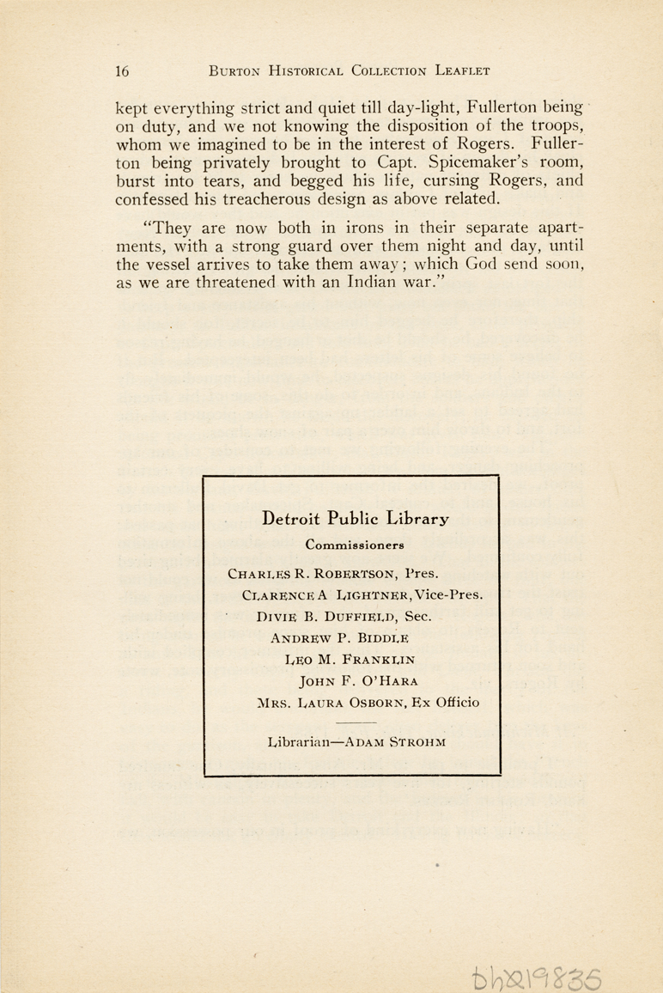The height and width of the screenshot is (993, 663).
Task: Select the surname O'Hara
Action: pyautogui.click(x=382, y=681)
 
